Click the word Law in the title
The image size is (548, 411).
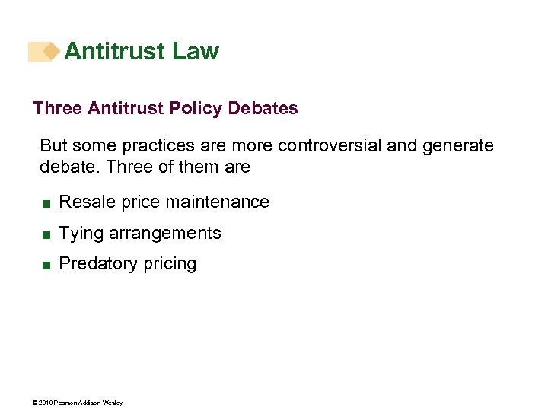(x=196, y=51)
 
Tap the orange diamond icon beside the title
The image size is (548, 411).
(x=51, y=51)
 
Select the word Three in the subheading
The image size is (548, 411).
(x=58, y=108)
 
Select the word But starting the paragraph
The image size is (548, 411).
(x=53, y=145)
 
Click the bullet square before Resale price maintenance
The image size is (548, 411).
(x=46, y=203)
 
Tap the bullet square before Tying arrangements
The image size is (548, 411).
(x=46, y=234)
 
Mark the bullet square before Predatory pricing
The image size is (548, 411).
(x=46, y=265)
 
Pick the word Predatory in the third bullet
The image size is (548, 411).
(x=94, y=263)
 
